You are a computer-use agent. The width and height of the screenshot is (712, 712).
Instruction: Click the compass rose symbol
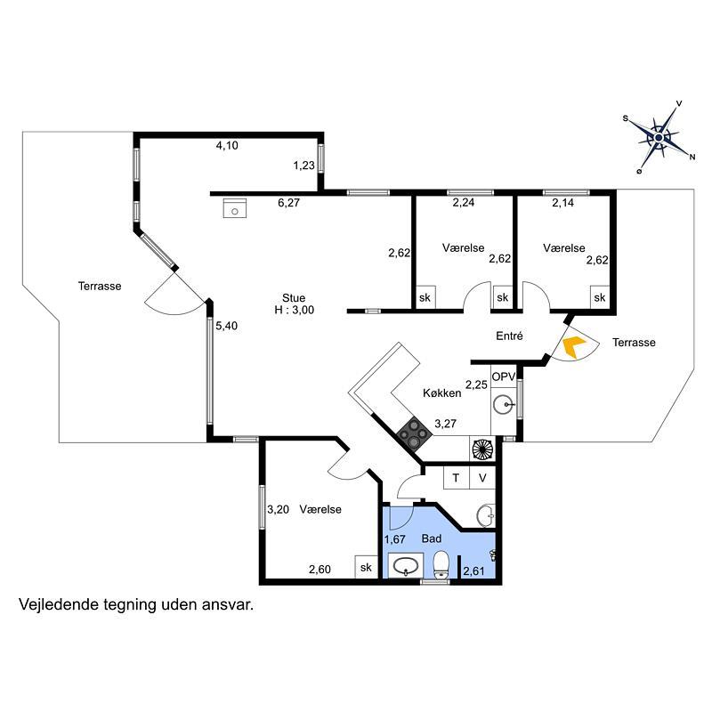pyautogui.click(x=659, y=137)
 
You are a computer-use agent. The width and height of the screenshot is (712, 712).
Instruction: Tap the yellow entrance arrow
pyautogui.click(x=574, y=347)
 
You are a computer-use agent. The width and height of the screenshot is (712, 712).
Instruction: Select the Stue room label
pyautogui.click(x=294, y=298)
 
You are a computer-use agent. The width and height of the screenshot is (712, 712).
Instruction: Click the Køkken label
pyautogui.click(x=441, y=392)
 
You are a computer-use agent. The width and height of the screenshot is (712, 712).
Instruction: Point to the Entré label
pyautogui.click(x=509, y=336)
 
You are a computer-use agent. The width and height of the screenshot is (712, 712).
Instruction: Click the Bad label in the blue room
pyautogui.click(x=432, y=538)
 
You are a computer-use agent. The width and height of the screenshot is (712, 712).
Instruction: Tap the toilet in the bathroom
pyautogui.click(x=441, y=564)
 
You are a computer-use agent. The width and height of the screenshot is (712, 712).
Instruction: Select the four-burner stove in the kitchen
pyautogui.click(x=414, y=433)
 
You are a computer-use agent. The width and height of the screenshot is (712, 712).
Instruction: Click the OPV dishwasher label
pyautogui.click(x=504, y=376)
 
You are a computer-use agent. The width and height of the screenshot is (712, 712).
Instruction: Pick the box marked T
pyautogui.click(x=456, y=478)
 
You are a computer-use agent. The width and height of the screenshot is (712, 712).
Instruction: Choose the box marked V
pyautogui.click(x=482, y=478)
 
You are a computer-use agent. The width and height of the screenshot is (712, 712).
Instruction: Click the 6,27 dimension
pyautogui.click(x=288, y=203)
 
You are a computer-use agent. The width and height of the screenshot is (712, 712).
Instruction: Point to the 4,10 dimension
pyautogui.click(x=227, y=145)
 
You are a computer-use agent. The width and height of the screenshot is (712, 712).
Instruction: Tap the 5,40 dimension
pyautogui.click(x=226, y=326)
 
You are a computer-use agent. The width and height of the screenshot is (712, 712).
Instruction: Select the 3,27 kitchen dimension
pyautogui.click(x=445, y=424)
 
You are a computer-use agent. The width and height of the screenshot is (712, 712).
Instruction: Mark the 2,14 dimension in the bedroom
pyautogui.click(x=563, y=203)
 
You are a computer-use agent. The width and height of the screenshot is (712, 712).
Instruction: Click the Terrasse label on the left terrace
pyautogui.click(x=100, y=286)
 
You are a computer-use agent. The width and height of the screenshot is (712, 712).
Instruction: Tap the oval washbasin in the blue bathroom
pyautogui.click(x=406, y=566)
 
